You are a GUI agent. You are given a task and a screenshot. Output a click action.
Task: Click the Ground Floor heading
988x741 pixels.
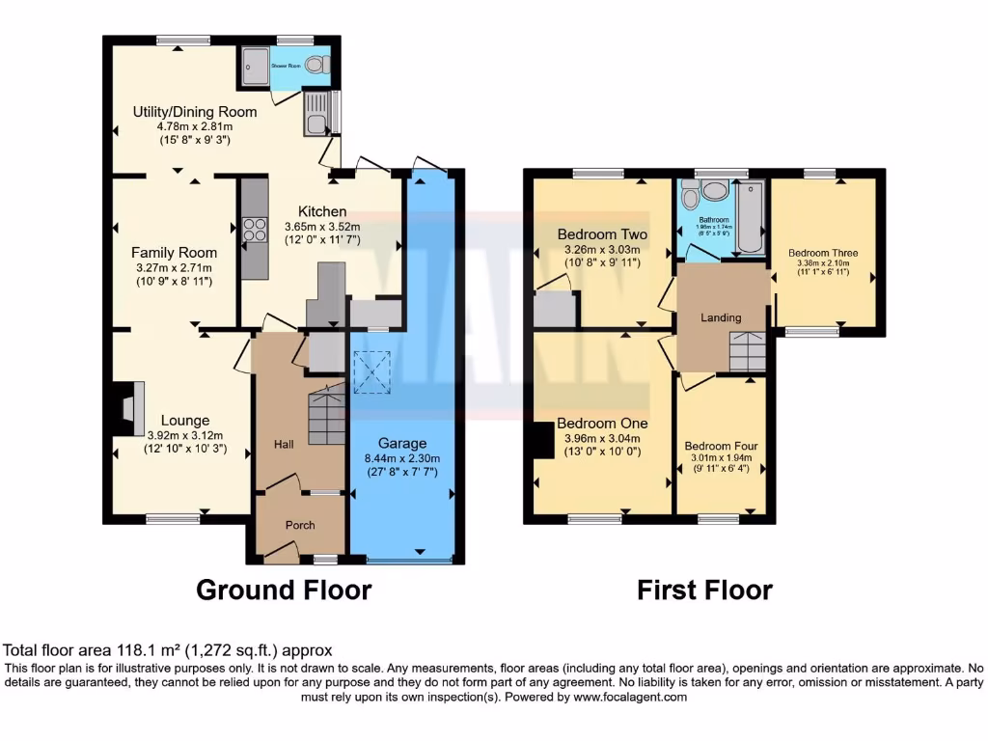[284, 590]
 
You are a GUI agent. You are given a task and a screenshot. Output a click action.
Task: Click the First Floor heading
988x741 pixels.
[704, 590]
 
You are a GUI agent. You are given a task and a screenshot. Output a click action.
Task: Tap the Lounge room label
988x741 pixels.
[184, 421]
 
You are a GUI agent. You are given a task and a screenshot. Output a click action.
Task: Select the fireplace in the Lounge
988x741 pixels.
[128, 409]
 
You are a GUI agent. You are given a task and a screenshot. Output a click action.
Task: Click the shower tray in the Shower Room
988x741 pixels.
[256, 66]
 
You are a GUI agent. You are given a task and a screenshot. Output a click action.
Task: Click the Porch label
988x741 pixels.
[299, 526]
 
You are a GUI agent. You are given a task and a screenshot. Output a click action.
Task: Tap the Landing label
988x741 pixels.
[721, 317]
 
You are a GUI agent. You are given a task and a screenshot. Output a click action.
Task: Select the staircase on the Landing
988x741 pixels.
[747, 350]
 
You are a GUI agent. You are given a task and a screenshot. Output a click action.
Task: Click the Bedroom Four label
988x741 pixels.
[721, 446]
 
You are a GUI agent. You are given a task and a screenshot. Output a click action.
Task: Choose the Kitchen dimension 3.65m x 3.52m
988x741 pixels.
[322, 227]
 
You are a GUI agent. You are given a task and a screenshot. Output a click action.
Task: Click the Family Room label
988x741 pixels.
[173, 253]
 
